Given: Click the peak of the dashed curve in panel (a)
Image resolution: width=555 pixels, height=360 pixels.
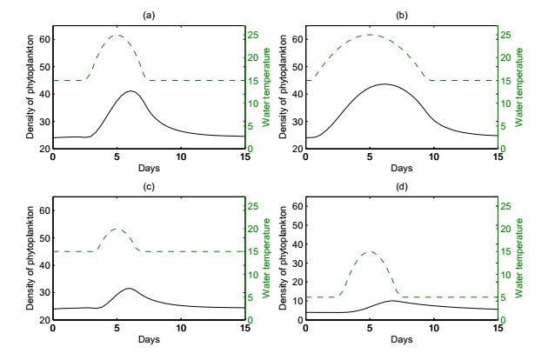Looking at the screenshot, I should click(x=117, y=35).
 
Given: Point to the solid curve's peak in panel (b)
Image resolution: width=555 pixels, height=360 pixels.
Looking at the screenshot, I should click(x=384, y=84).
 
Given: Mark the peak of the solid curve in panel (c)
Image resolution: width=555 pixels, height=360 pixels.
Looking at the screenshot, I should click(x=129, y=288).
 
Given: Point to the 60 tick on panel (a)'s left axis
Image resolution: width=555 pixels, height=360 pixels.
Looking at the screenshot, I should click(x=44, y=39).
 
